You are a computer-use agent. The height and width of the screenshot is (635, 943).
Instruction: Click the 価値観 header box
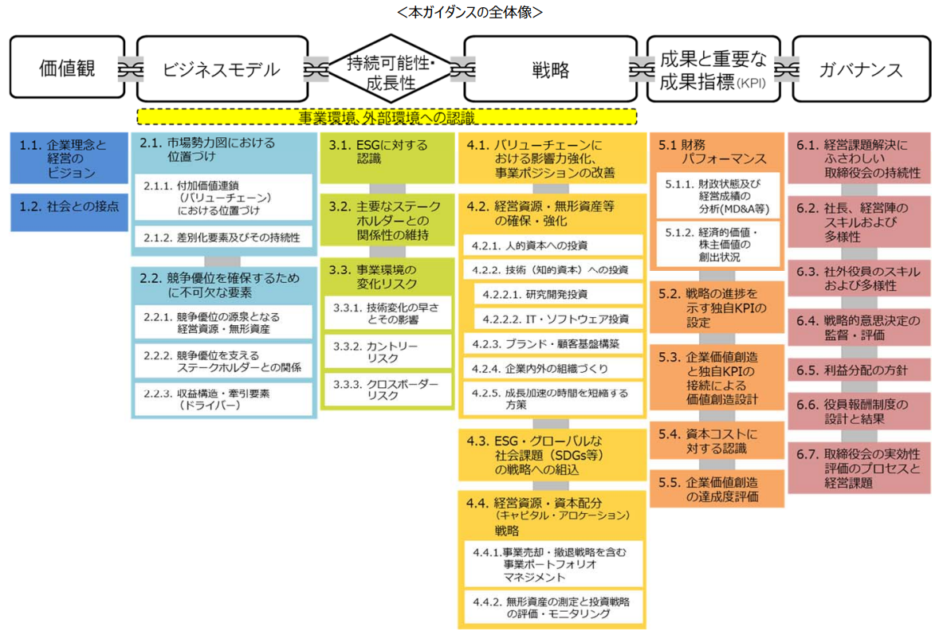click(x=67, y=69)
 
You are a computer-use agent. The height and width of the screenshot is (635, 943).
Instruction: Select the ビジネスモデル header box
click(x=222, y=69)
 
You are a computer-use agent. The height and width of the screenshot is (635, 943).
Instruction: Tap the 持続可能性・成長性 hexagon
click(x=390, y=69)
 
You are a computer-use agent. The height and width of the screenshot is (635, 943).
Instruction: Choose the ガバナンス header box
click(x=860, y=69)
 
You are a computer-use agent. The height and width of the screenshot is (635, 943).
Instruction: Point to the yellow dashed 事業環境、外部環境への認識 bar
click(x=387, y=117)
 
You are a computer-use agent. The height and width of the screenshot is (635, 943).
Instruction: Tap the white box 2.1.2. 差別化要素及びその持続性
click(x=222, y=237)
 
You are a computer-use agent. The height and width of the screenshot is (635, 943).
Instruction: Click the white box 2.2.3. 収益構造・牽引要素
click(x=222, y=398)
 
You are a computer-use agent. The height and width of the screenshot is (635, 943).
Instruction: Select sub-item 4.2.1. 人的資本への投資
click(x=552, y=245)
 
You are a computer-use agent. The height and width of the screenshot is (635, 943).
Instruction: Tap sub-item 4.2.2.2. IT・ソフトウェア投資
click(x=558, y=319)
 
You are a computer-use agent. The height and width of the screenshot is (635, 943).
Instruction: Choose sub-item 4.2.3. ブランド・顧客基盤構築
click(x=552, y=344)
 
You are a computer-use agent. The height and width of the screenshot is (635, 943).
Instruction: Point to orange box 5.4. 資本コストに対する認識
click(x=717, y=441)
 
